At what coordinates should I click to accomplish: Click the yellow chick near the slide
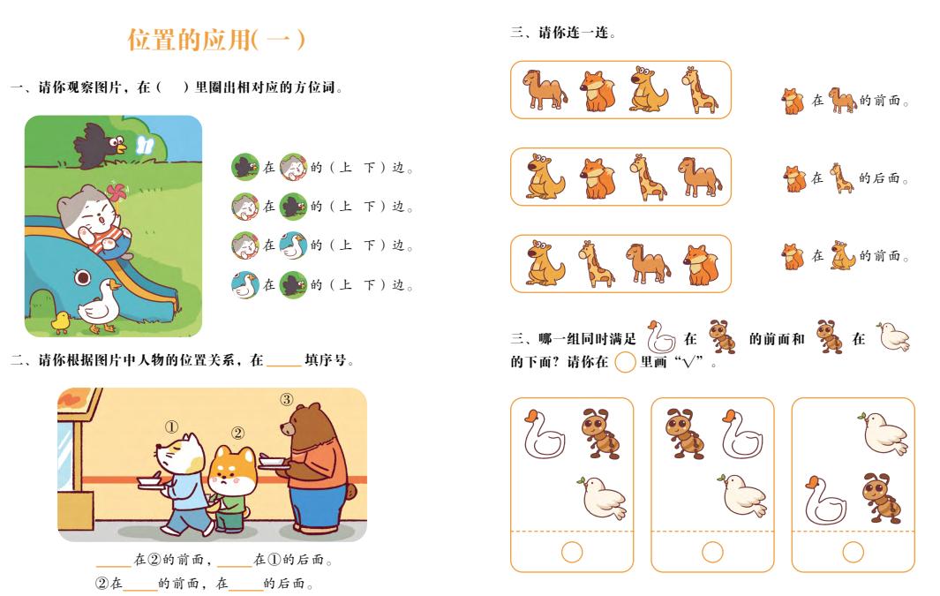60,322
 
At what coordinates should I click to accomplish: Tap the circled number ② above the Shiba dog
237,434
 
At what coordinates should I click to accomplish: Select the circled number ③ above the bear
287,399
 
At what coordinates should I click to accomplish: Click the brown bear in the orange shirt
318,468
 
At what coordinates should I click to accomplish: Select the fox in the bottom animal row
701,265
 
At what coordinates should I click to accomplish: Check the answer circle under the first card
572,551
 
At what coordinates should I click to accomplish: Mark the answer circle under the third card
853,551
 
